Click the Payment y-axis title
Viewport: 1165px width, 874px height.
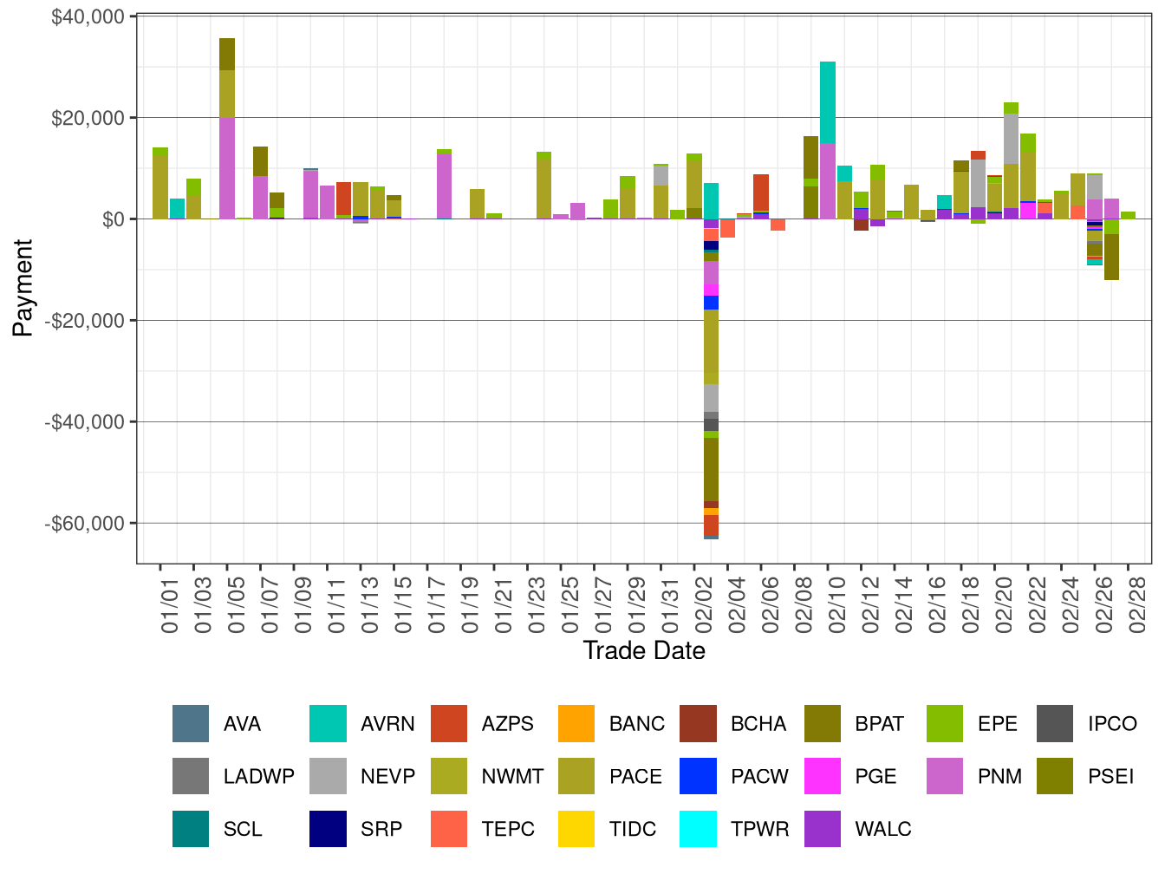pyautogui.click(x=23, y=288)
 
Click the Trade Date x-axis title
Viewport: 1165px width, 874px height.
pyautogui.click(x=643, y=650)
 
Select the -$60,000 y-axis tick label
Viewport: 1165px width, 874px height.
pyautogui.click(x=85, y=524)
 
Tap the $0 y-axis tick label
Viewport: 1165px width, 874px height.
pyautogui.click(x=113, y=219)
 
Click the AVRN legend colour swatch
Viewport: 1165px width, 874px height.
pyautogui.click(x=328, y=724)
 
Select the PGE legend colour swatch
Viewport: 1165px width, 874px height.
pyautogui.click(x=822, y=776)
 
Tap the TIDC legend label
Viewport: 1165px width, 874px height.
pyautogui.click(x=633, y=829)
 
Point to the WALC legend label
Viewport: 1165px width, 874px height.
pyautogui.click(x=882, y=829)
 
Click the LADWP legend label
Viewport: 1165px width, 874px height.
pyautogui.click(x=258, y=776)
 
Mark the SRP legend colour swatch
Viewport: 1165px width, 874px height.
pyautogui.click(x=328, y=829)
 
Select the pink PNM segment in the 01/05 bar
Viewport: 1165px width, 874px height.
pyautogui.click(x=227, y=168)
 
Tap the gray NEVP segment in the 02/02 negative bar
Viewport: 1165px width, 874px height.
pyautogui.click(x=711, y=398)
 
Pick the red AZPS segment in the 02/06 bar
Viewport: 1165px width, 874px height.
pyautogui.click(x=761, y=192)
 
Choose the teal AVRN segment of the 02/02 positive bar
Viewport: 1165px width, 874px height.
pyautogui.click(x=711, y=200)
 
